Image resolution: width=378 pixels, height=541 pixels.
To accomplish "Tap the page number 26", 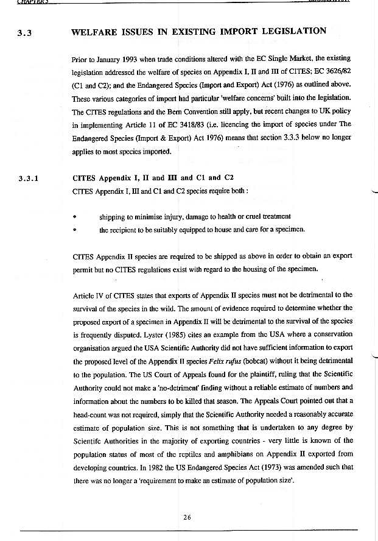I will click(x=187, y=517).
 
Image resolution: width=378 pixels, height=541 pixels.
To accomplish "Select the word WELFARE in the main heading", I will click(x=97, y=31).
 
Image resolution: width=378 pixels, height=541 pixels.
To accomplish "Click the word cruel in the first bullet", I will click(x=251, y=216).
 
